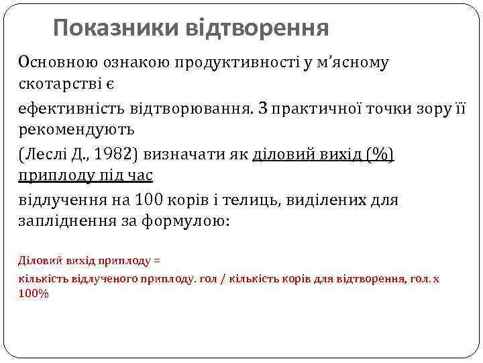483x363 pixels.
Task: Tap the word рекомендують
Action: [x=76, y=128]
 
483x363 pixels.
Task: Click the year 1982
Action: [x=117, y=156]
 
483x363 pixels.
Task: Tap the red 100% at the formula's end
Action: [x=33, y=293]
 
